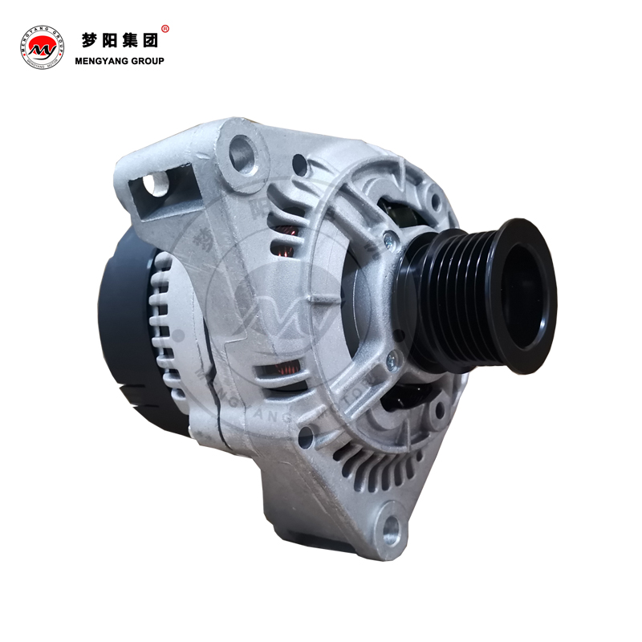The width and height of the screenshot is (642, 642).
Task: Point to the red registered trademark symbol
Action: [x=165, y=29]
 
